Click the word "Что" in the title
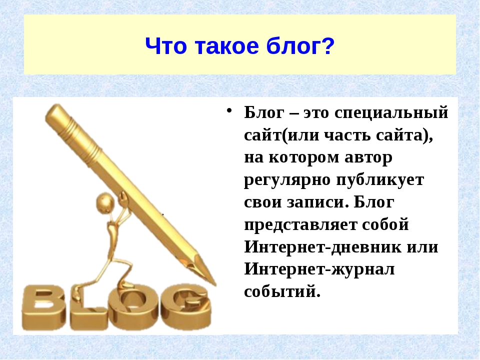166,46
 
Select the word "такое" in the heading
226,46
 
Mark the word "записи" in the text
318,202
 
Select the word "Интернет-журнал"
319,269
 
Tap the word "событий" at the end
282,291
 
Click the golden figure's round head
105,202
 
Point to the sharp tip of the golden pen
215,284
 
